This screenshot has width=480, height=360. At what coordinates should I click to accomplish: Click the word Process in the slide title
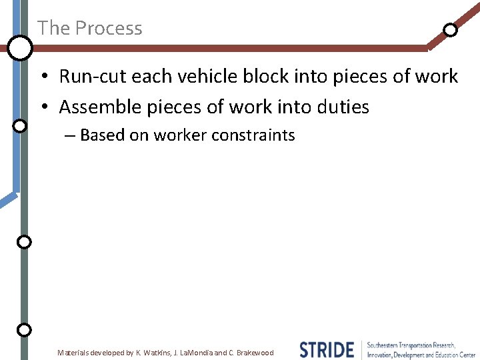click(108, 28)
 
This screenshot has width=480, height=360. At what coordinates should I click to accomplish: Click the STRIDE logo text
click(327, 349)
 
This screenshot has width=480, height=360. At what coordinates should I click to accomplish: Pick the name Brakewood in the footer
click(255, 353)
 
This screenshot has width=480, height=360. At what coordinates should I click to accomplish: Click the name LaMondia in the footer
click(195, 353)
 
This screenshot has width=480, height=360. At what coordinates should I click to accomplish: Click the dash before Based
click(70, 136)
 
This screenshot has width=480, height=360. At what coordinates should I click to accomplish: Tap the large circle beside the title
click(20, 47)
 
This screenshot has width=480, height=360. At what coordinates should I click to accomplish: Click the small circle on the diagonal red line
click(451, 29)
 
